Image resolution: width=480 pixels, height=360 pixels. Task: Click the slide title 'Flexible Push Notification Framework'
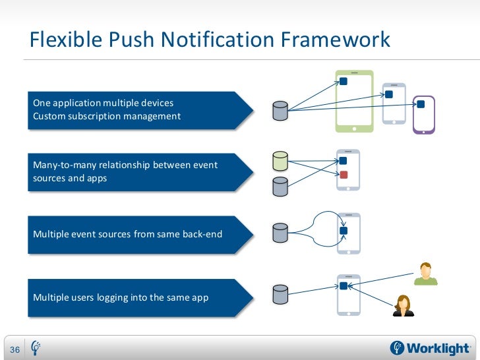pyautogui.click(x=210, y=40)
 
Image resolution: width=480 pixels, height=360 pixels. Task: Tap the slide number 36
pyautogui.click(x=14, y=349)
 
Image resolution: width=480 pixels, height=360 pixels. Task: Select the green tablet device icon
pyautogui.click(x=354, y=100)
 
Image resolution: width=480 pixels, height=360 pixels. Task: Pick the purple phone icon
pyautogui.click(x=423, y=115)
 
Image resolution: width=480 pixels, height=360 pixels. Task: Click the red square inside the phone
pyautogui.click(x=344, y=175)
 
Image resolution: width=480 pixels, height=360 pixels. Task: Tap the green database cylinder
pyautogui.click(x=280, y=162)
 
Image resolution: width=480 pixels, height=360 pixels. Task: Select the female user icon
pyautogui.click(x=403, y=305)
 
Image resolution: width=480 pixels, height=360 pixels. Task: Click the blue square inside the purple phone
pyautogui.click(x=421, y=104)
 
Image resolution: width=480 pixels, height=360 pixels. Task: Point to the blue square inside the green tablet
pyautogui.click(x=344, y=82)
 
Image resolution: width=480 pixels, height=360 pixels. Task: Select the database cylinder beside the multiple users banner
pyautogui.click(x=280, y=295)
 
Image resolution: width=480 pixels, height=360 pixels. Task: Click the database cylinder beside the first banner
pyautogui.click(x=280, y=110)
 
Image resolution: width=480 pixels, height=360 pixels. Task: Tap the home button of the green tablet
pyautogui.click(x=354, y=127)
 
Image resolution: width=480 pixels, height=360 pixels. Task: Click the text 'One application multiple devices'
pyautogui.click(x=104, y=104)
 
